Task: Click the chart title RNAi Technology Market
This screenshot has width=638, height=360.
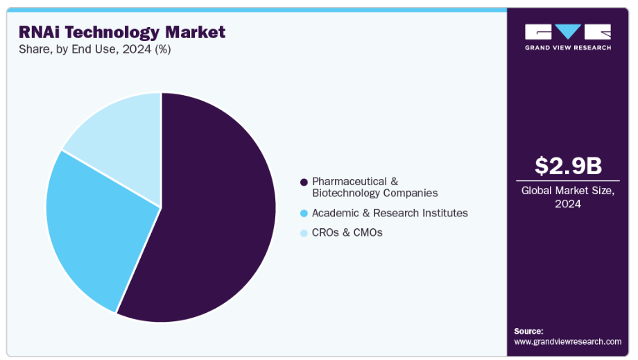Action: point(122,32)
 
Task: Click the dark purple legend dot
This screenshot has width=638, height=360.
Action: point(304,182)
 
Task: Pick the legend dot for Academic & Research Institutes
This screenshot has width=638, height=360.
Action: point(304,214)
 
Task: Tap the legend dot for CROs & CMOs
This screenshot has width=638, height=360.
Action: point(304,233)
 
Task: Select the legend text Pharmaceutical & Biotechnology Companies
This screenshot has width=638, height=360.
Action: point(374,187)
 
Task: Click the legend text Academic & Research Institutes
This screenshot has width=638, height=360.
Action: point(390,213)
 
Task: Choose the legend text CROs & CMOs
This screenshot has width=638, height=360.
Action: point(347,232)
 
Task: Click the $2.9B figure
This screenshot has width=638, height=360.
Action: point(568,166)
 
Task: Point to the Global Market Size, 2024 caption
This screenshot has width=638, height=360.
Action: point(568,197)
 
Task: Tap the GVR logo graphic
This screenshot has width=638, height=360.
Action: point(568,32)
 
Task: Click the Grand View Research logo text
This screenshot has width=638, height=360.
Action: point(568,48)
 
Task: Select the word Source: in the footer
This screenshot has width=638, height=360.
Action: point(529,331)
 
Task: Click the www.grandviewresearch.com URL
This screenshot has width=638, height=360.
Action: point(567,341)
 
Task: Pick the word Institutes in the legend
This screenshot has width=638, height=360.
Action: point(445,213)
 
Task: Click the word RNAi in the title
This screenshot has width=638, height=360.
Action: point(39,32)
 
